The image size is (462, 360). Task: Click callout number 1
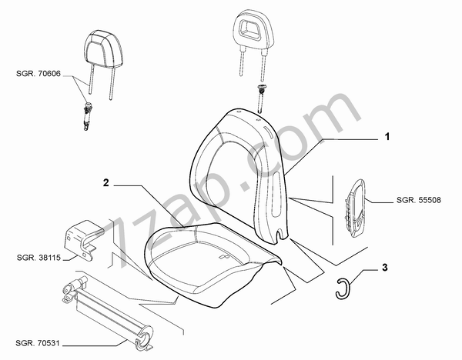388,136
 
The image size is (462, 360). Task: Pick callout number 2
107,182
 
